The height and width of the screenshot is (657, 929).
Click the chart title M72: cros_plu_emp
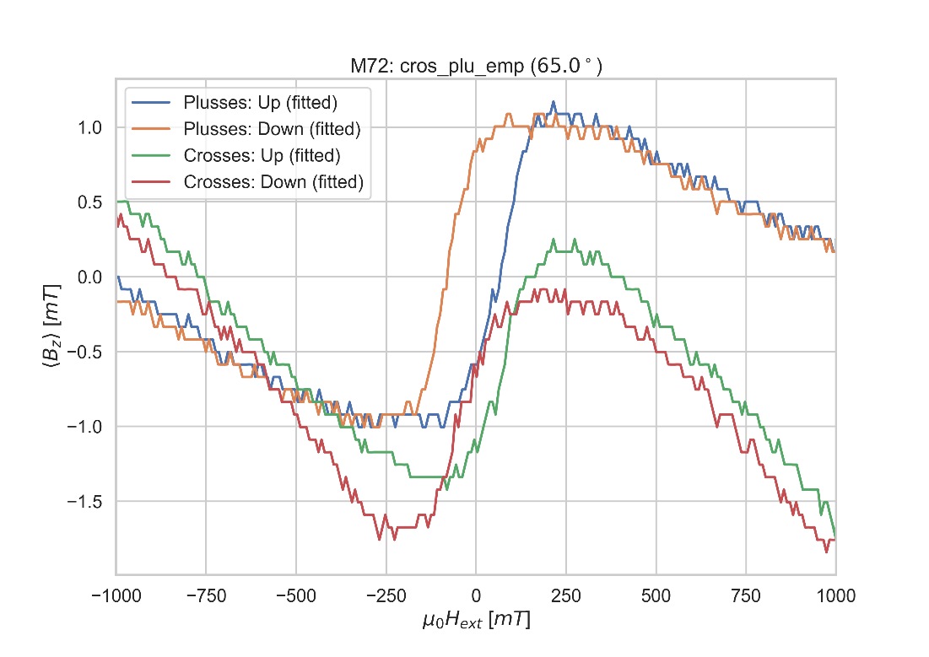pos(476,67)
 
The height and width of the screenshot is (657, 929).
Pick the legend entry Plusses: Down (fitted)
pos(273,129)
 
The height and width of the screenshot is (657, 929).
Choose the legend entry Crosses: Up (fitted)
pos(262,155)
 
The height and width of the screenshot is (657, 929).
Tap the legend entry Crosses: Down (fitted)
pos(273,181)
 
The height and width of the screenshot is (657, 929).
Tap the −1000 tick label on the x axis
pos(116,596)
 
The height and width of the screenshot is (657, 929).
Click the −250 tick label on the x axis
pos(386,596)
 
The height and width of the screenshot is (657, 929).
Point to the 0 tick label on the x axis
pos(476,596)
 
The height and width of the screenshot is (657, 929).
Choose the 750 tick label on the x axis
pos(746,596)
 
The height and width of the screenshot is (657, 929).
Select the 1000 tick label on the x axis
pos(835,596)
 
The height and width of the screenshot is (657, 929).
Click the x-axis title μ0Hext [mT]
pos(476,622)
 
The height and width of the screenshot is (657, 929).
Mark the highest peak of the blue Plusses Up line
pos(554,101)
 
